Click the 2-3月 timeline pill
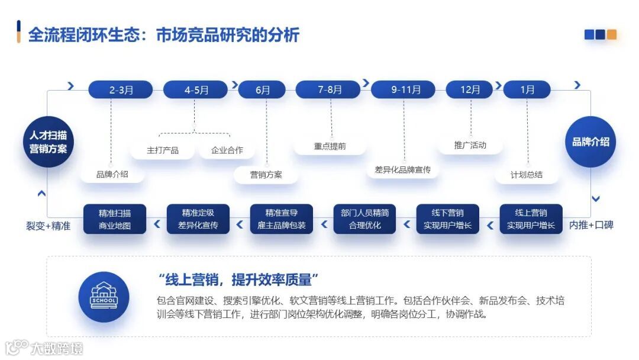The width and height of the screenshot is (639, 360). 121,90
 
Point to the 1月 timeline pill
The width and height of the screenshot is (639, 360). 527,90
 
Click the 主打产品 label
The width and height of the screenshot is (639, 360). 163,150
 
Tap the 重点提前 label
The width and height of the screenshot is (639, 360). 330,146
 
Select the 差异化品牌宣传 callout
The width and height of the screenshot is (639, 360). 402,170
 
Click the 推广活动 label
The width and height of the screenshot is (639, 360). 470,145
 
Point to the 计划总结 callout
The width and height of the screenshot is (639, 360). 527,175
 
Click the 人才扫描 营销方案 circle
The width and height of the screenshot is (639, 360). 49,142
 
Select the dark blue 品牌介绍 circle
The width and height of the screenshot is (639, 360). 590,142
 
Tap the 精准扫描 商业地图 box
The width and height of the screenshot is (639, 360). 115,219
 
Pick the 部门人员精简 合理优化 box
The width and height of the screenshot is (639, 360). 365,219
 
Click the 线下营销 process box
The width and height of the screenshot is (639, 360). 448,219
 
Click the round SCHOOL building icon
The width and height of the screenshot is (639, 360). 104,297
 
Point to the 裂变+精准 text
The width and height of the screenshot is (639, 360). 48,226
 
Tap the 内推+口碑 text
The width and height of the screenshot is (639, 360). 591,226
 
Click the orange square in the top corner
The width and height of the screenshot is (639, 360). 611,34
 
